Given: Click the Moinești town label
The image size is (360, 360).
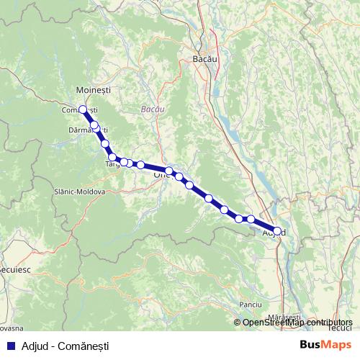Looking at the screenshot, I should (x=93, y=89).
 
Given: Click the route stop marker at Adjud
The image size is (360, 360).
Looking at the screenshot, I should (x=277, y=231).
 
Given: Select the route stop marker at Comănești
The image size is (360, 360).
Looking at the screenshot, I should (x=82, y=109).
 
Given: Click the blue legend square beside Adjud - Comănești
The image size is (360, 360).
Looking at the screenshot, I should (x=9, y=345).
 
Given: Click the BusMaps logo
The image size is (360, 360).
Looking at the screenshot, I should (x=326, y=344).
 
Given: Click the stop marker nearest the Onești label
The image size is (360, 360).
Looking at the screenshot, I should (x=168, y=171).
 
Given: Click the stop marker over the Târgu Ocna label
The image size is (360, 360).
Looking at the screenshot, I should (x=112, y=157).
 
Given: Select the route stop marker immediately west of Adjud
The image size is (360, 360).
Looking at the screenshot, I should (x=251, y=219).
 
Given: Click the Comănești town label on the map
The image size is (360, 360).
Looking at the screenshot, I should (x=79, y=109).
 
